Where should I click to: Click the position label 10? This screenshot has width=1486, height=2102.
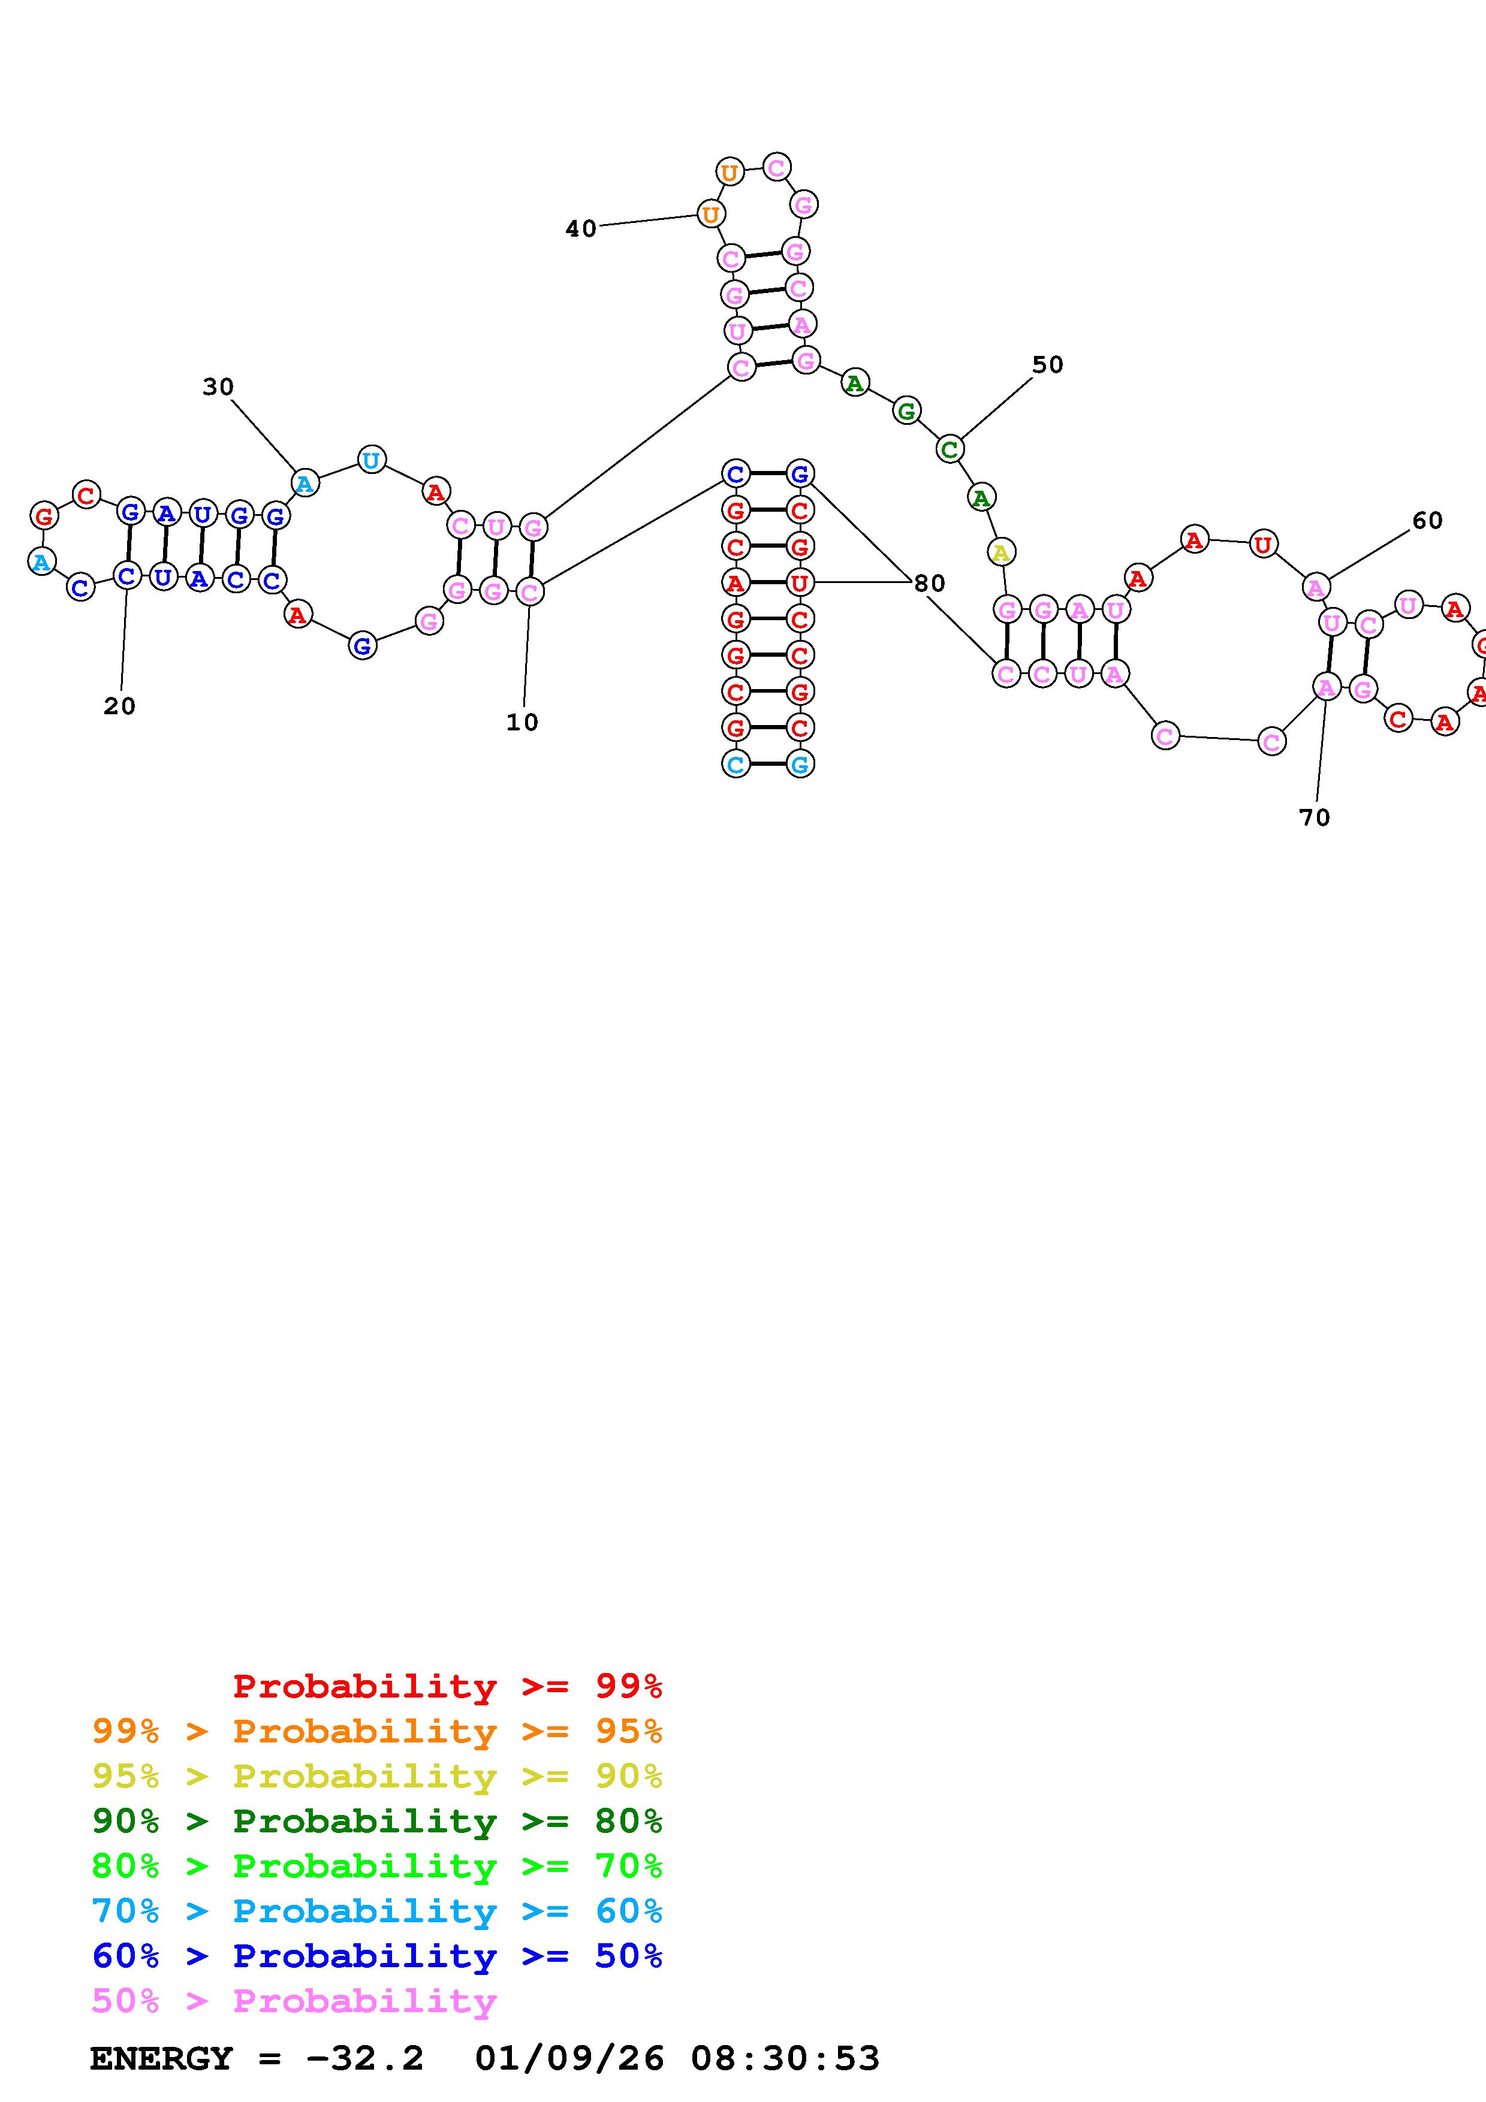click(x=522, y=722)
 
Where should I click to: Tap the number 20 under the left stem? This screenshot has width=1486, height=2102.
click(x=119, y=706)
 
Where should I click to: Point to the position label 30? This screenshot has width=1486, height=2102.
click(x=218, y=387)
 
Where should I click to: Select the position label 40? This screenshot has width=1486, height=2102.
click(x=580, y=229)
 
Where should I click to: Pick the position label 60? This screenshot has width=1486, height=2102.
click(x=1427, y=521)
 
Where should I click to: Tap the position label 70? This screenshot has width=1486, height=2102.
click(x=1314, y=817)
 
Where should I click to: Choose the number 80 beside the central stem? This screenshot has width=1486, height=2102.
click(x=929, y=583)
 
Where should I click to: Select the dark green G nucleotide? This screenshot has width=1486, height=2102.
click(x=906, y=412)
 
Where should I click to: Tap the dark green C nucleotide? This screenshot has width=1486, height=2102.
click(x=950, y=449)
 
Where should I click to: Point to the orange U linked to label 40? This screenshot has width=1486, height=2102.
click(x=710, y=215)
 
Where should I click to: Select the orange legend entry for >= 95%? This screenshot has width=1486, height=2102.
click(x=377, y=1731)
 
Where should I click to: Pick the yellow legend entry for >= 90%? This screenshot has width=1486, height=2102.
click(x=377, y=1776)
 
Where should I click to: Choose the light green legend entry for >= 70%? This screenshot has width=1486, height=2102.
click(x=377, y=1866)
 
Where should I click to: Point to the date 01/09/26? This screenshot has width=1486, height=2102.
click(x=569, y=2059)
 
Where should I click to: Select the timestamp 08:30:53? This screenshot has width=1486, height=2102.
click(x=785, y=2059)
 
